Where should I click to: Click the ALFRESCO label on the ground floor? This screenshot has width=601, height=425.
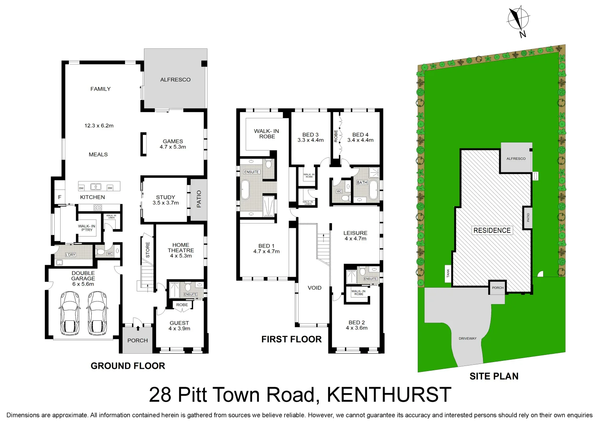coord(175,79)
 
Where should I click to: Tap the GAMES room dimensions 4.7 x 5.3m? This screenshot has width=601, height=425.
coord(173,147)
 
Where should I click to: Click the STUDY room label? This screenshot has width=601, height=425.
coord(166,197)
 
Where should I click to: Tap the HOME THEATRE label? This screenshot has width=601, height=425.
coord(181,248)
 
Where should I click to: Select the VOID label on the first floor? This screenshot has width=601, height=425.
coord(315,288)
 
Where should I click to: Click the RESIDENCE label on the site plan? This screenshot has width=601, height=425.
coord(492,230)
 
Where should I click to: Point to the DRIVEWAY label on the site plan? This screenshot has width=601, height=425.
coord(467,338)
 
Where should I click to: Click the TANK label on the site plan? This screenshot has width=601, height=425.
coord(448,273)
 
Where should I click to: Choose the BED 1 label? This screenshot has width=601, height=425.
coord(266,246)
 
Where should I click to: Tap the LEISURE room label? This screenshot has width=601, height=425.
coord(355,233)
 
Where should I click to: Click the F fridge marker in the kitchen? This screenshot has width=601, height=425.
coord(60,197)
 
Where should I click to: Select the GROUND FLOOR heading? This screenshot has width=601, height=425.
coord(128,366)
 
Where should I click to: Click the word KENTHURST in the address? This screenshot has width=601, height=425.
coord(389,395)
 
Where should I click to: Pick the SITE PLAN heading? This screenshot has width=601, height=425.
coord(494,377)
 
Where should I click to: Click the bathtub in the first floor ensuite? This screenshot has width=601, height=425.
coord(245,190)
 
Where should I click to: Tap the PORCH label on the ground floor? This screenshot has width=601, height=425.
coord(138,340)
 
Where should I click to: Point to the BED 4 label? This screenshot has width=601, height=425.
coord(360,135)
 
